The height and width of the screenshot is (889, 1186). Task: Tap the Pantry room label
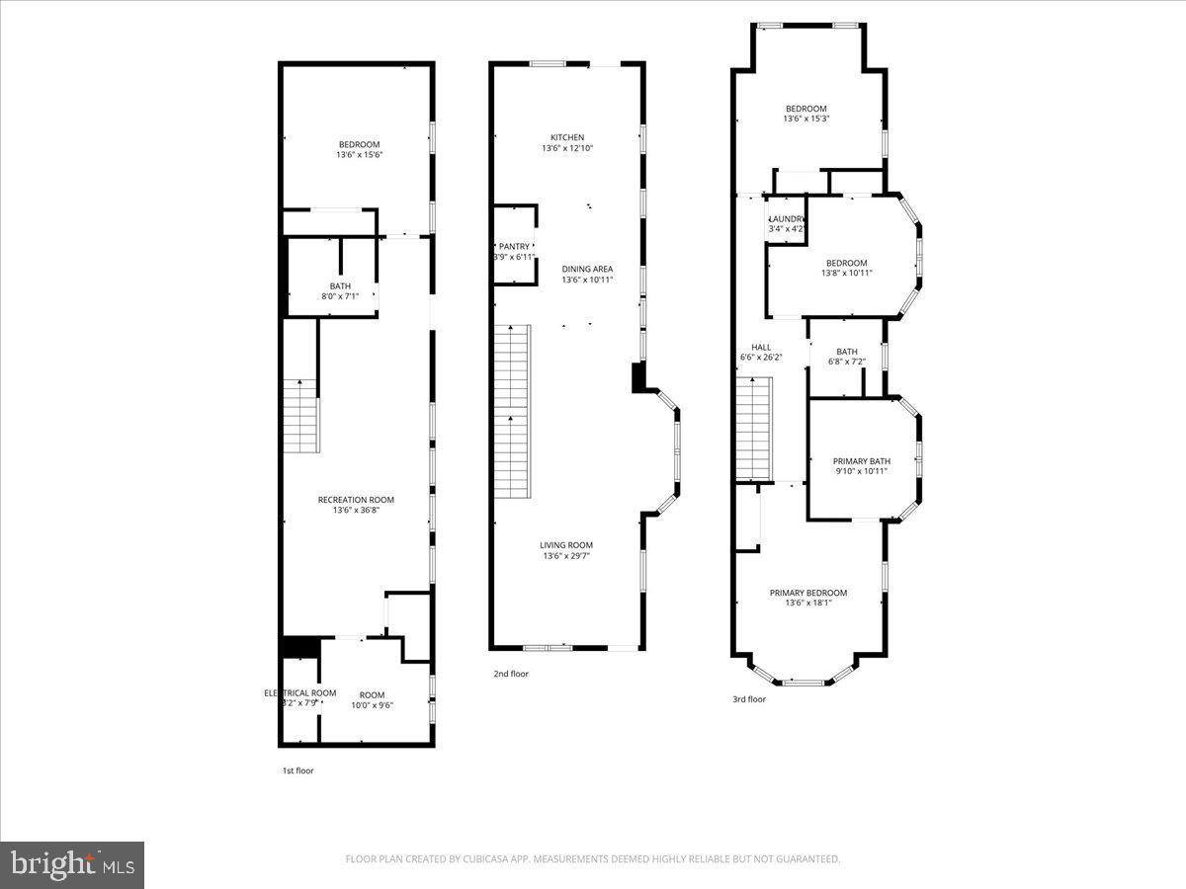pyautogui.click(x=514, y=246)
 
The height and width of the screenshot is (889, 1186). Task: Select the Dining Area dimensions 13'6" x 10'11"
pyautogui.click(x=587, y=280)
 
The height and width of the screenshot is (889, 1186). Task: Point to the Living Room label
pyautogui.click(x=566, y=545)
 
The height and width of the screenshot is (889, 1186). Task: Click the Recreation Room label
pyautogui.click(x=356, y=500)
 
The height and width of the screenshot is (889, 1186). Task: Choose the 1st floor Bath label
pyautogui.click(x=340, y=285)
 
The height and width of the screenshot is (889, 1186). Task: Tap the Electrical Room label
pyautogui.click(x=300, y=693)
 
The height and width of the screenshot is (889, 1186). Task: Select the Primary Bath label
pyautogui.click(x=861, y=461)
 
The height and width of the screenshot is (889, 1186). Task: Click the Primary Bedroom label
pyautogui.click(x=808, y=593)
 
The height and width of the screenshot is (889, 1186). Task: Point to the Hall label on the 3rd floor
pyautogui.click(x=761, y=347)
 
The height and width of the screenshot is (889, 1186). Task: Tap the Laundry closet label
pyautogui.click(x=788, y=218)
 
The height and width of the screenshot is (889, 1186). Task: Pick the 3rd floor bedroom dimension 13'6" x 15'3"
pyautogui.click(x=805, y=119)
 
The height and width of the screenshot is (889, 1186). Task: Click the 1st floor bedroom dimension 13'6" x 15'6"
pyautogui.click(x=359, y=154)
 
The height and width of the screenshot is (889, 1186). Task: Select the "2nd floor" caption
pyautogui.click(x=511, y=675)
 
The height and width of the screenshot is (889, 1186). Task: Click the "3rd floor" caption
pyautogui.click(x=749, y=699)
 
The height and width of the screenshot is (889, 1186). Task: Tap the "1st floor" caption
pyautogui.click(x=297, y=770)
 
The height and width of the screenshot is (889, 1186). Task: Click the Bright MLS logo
pyautogui.click(x=72, y=865)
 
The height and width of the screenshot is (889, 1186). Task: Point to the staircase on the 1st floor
pyautogui.click(x=300, y=416)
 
